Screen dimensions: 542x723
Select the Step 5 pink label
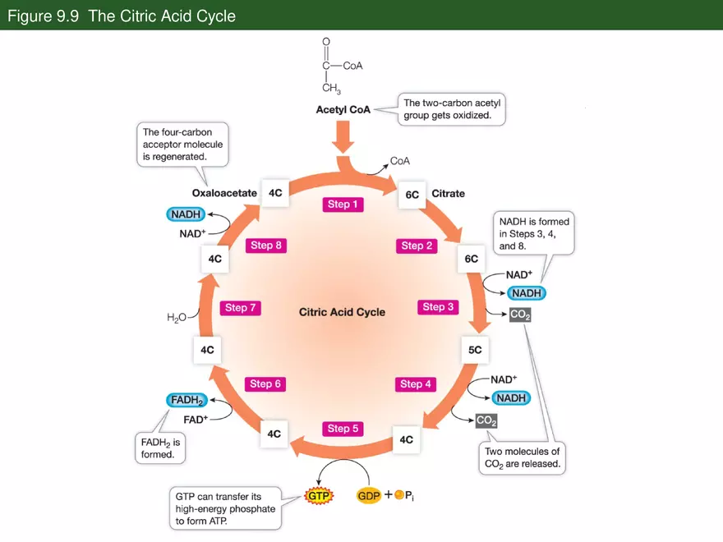point(343,429)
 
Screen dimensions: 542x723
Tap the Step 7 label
point(241,308)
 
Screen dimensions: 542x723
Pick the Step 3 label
point(438,307)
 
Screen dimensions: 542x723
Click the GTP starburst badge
point(317,496)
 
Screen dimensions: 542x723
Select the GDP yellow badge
point(369,496)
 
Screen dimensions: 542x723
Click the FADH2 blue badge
point(187,400)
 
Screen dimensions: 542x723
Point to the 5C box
point(475,349)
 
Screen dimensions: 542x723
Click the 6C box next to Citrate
point(412,195)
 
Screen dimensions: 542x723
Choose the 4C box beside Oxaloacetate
point(274,193)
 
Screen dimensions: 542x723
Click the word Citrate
point(448,194)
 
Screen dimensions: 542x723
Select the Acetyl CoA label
point(343,109)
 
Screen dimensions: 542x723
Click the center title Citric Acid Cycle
point(342,312)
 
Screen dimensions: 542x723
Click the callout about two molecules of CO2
point(522,457)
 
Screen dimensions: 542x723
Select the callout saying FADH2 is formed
point(159,448)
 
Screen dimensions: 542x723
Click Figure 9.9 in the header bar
point(43,16)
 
